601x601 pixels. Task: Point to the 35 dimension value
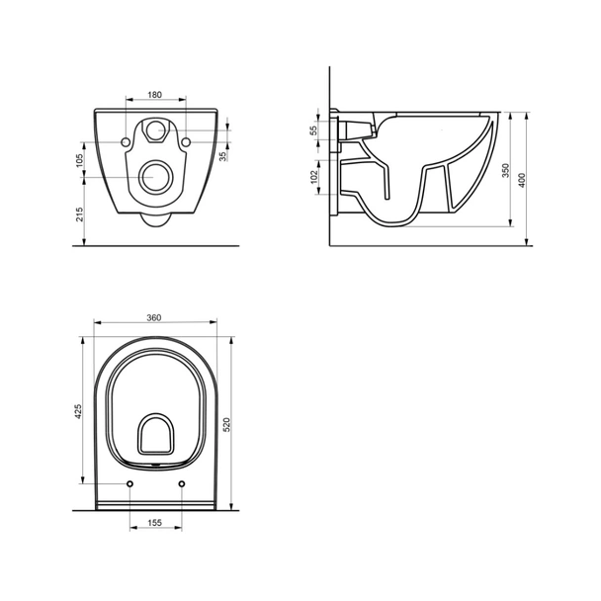click(222, 155)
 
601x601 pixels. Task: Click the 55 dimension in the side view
click(315, 130)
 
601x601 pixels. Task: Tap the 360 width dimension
click(154, 318)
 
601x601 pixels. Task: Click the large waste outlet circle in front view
click(156, 178)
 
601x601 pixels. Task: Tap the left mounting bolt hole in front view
click(128, 143)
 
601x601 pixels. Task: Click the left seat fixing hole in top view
click(130, 482)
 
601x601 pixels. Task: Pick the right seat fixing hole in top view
click(183, 482)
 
